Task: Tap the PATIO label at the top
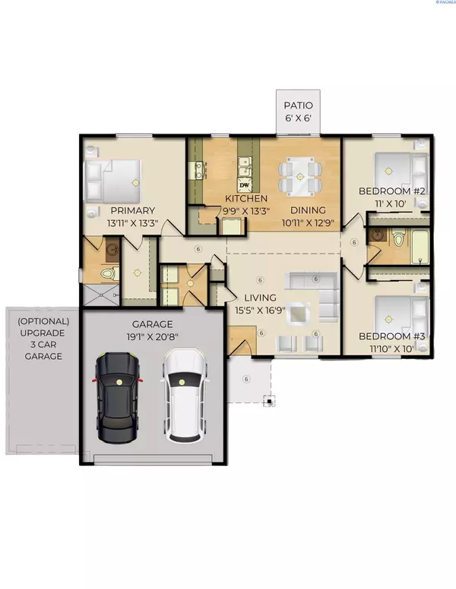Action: coord(298,106)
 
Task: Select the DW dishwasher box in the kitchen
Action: coord(245,185)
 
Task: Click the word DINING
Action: coord(307,210)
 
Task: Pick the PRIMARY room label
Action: coord(133,210)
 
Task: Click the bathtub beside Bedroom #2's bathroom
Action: coord(419,246)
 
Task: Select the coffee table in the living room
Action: coord(300,313)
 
